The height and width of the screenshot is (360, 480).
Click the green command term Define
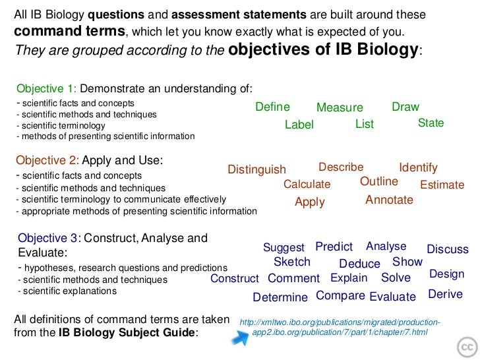pyautogui.click(x=272, y=107)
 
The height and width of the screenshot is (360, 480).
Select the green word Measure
pyautogui.click(x=340, y=108)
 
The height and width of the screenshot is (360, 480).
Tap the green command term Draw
pyautogui.click(x=405, y=107)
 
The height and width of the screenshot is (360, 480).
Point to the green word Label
pyautogui.click(x=299, y=125)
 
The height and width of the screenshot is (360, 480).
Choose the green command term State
pyautogui.click(x=431, y=123)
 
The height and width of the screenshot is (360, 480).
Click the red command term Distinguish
pyautogui.click(x=256, y=170)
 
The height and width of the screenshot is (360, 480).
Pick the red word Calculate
pyautogui.click(x=307, y=185)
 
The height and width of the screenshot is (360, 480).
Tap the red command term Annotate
pyautogui.click(x=389, y=200)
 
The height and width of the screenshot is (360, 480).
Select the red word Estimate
pyautogui.click(x=442, y=185)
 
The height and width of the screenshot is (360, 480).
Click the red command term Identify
pyautogui.click(x=418, y=168)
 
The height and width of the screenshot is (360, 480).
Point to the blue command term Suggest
pyautogui.click(x=284, y=248)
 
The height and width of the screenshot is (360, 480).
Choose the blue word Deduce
pyautogui.click(x=359, y=264)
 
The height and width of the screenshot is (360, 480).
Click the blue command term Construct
pyautogui.click(x=235, y=279)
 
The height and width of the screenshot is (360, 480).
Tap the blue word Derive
pyautogui.click(x=446, y=294)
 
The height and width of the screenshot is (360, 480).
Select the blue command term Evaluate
pyautogui.click(x=392, y=297)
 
